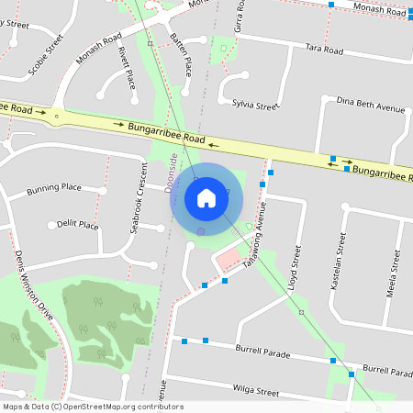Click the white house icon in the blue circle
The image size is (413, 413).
tap(206, 197)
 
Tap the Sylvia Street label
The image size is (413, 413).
tap(254, 106)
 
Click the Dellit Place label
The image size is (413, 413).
tap(77, 224)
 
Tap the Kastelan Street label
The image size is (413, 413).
tap(340, 261)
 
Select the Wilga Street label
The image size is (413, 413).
tap(255, 391)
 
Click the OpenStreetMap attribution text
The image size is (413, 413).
tap(92, 407)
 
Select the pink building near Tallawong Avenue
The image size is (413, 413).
tap(227, 262)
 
